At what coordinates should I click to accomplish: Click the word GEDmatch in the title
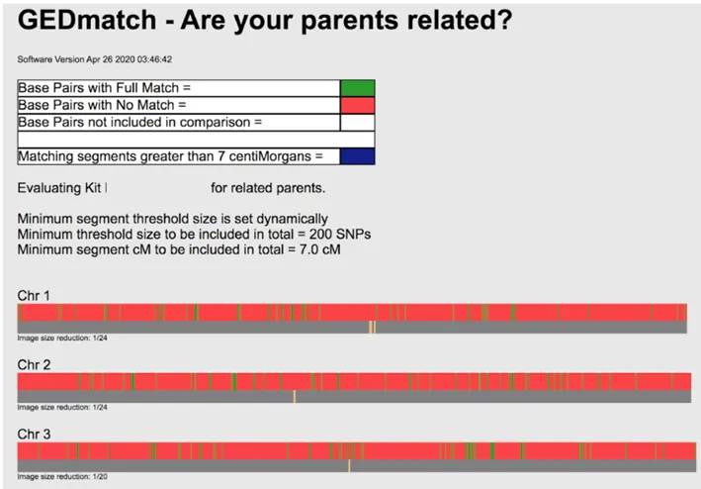(x=87, y=20)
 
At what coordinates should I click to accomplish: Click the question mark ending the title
(x=505, y=20)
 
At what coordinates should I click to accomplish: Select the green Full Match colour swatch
(x=357, y=88)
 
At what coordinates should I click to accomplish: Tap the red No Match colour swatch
(x=357, y=105)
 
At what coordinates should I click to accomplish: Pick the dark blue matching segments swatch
(x=357, y=156)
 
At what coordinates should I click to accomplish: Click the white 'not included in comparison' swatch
(x=357, y=122)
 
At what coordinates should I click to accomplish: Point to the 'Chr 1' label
(x=34, y=295)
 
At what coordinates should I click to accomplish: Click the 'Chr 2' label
(x=34, y=364)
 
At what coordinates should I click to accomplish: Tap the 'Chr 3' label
(x=34, y=434)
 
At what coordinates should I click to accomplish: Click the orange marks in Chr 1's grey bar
(x=372, y=327)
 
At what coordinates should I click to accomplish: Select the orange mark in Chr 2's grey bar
(x=295, y=396)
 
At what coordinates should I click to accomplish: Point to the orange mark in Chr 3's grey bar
(x=349, y=465)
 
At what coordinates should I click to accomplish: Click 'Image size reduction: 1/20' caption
(x=62, y=476)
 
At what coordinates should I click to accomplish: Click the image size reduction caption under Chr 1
(x=62, y=338)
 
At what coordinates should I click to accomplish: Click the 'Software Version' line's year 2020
(x=125, y=59)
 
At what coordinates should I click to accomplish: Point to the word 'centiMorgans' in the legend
(x=270, y=156)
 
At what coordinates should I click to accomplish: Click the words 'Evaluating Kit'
(x=59, y=188)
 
